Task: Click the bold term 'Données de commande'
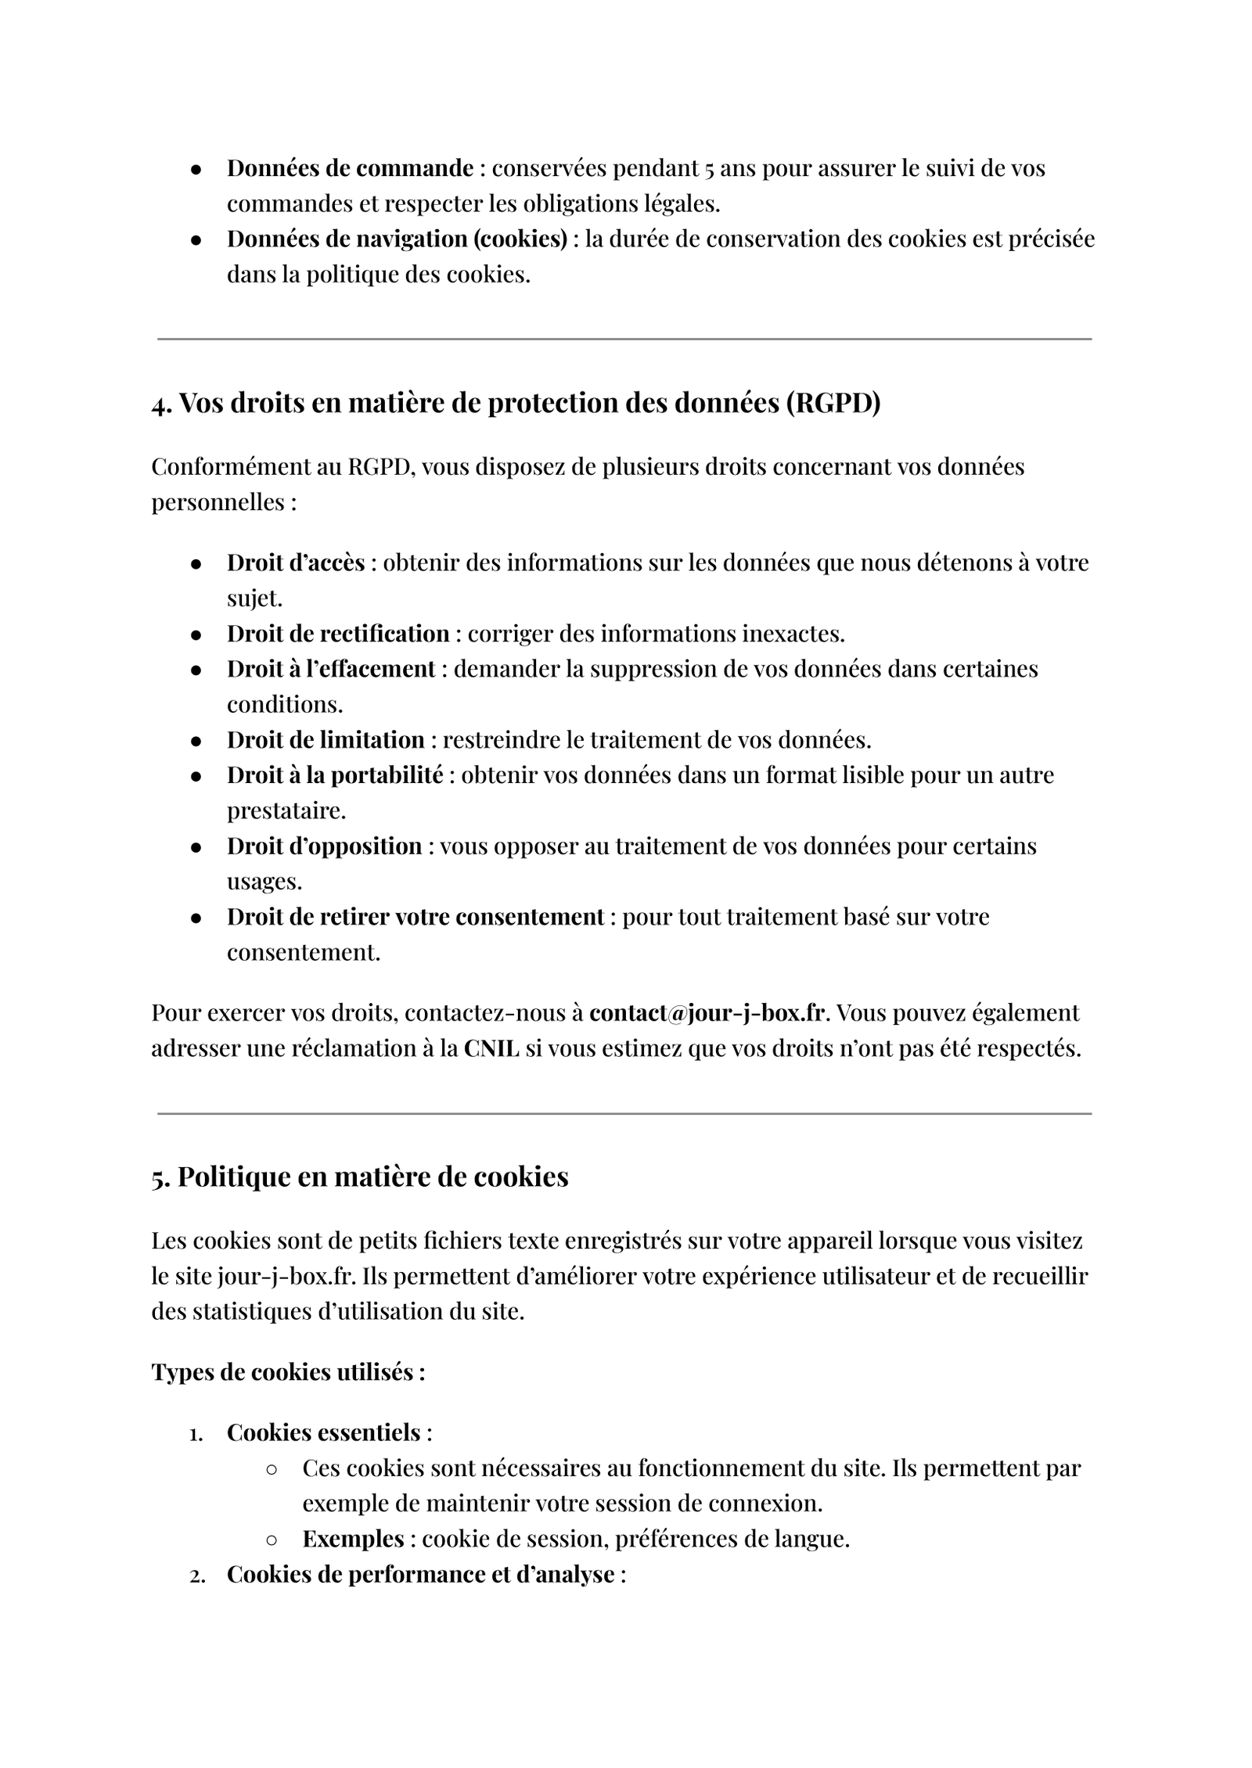tap(350, 168)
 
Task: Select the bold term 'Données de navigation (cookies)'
tap(397, 239)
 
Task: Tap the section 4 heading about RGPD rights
tap(516, 404)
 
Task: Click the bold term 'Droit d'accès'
tap(296, 562)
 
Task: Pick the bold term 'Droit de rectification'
tap(338, 633)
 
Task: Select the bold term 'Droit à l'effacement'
tap(331, 669)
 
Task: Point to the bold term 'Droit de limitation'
tap(326, 739)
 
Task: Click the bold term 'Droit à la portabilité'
tap(335, 775)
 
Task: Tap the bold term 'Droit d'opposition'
tap(324, 846)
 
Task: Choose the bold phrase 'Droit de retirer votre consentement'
tap(415, 916)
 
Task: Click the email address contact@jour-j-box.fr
tap(707, 1012)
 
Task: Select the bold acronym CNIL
tap(491, 1048)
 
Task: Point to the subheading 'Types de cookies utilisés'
tap(288, 1372)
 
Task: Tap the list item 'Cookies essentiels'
tap(324, 1432)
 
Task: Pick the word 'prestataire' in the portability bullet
tap(286, 810)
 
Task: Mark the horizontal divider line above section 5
tap(624, 1113)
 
